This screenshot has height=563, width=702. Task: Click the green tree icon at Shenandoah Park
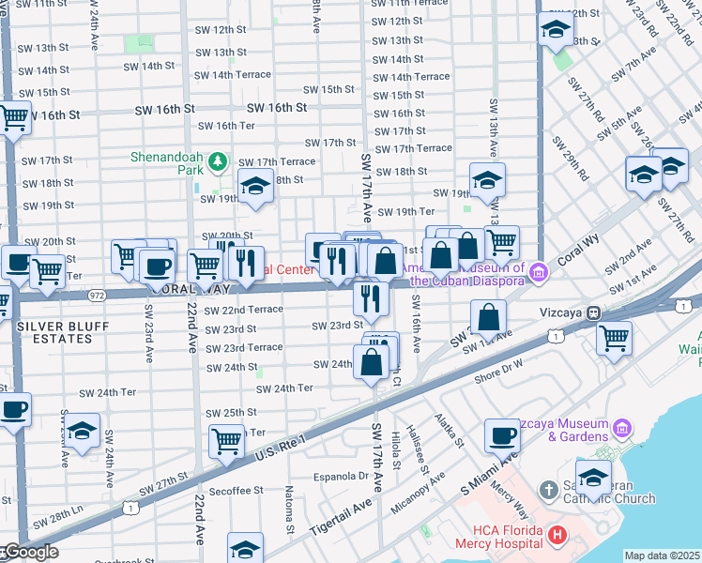pyautogui.click(x=218, y=162)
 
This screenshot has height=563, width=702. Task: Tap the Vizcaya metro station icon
pyautogui.click(x=593, y=312)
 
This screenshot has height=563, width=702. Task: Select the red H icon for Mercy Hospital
pyautogui.click(x=557, y=536)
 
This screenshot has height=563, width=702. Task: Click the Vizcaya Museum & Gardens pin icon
pyautogui.click(x=620, y=430)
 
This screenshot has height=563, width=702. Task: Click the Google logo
pyautogui.click(x=30, y=552)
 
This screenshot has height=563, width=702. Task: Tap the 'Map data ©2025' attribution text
pyautogui.click(x=662, y=555)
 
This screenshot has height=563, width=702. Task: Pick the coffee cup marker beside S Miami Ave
pyautogui.click(x=503, y=434)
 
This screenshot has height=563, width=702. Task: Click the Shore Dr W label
pyautogui.click(x=498, y=375)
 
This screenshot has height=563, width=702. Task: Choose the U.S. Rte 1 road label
pyautogui.click(x=282, y=448)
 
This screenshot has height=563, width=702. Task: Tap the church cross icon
pyautogui.click(x=551, y=490)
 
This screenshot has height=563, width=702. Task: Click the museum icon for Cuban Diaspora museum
pyautogui.click(x=539, y=273)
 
